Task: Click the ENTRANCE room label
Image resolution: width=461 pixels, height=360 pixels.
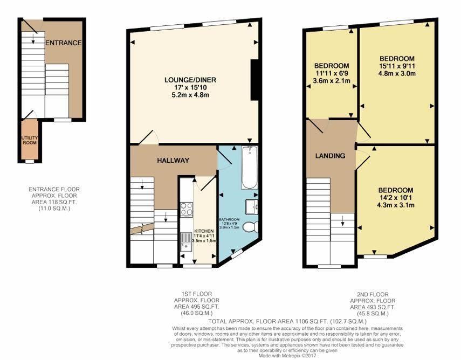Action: point(64,43)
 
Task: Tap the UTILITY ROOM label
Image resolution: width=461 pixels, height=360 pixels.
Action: point(30,140)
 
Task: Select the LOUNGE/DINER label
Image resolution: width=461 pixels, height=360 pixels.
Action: point(190,80)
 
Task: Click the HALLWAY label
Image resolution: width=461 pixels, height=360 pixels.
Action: point(173,161)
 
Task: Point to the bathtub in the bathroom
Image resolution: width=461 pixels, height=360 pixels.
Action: point(249,167)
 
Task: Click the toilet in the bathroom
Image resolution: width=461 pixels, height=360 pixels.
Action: point(251,227)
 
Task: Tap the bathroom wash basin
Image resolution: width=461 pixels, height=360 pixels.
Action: point(252,206)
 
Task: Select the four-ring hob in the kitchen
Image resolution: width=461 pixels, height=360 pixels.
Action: point(187,209)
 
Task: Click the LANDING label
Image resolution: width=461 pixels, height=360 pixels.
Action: point(330,156)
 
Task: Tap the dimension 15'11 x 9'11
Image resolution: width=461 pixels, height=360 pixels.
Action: point(397,66)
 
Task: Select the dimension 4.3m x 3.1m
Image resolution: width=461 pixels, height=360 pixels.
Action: point(396,205)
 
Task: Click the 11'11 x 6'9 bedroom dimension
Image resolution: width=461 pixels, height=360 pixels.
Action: point(332,73)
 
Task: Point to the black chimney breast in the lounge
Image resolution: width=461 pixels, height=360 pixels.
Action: point(254,80)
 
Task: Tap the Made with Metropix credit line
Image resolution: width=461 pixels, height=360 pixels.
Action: point(287,356)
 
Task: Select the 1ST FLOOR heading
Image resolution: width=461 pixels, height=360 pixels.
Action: point(197,294)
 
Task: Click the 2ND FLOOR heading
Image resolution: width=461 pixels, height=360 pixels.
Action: point(373,294)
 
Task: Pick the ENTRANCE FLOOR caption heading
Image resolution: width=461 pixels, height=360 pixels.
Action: point(54,190)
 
